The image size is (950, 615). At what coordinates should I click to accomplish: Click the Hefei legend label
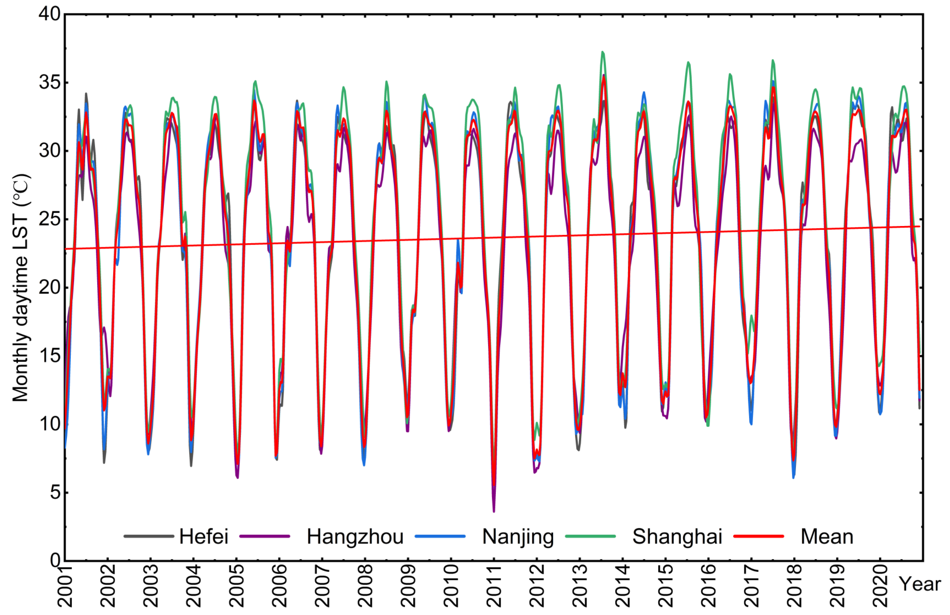click(204, 536)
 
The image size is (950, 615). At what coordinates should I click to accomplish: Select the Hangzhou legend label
click(355, 536)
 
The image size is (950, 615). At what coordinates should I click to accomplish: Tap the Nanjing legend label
click(518, 536)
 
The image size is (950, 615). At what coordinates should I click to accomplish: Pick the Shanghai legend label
click(677, 536)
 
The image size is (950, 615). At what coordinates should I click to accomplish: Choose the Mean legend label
click(827, 536)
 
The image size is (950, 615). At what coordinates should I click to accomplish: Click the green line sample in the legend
click(590, 536)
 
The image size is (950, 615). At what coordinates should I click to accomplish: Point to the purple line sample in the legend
click(265, 536)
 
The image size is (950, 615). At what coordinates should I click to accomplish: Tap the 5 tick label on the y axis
click(55, 492)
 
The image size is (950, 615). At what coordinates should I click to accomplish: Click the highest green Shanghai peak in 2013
click(603, 52)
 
